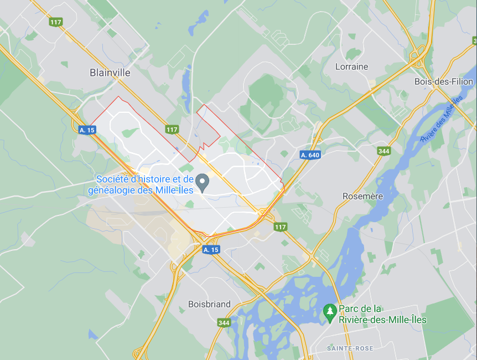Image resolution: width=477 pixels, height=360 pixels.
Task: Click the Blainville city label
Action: click(x=110, y=73)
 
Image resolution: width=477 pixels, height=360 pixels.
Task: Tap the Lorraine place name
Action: click(x=351, y=66)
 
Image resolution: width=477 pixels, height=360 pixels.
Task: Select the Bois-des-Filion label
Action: click(x=444, y=81)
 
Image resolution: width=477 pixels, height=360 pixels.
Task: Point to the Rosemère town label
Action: click(x=362, y=196)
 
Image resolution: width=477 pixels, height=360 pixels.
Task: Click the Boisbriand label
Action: click(x=209, y=304)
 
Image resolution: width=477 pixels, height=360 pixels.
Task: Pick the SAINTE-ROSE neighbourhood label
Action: click(x=350, y=348)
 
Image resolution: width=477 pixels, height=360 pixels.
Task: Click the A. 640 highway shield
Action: click(x=310, y=155)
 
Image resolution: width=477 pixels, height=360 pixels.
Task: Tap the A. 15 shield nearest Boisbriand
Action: click(x=211, y=250)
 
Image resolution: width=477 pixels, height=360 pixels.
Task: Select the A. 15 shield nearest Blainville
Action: click(x=86, y=130)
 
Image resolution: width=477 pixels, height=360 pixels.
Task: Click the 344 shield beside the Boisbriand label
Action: click(x=224, y=323)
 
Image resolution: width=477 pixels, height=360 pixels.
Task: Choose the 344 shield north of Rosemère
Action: click(x=383, y=151)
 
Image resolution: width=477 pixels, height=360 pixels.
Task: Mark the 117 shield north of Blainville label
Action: click(x=55, y=22)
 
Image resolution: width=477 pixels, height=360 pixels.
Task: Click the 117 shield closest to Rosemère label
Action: click(x=281, y=227)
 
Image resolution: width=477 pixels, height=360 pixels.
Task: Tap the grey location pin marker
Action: click(x=203, y=181)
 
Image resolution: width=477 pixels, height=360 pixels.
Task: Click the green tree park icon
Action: click(x=330, y=311)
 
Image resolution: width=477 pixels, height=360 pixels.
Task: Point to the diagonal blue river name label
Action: click(x=442, y=118)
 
